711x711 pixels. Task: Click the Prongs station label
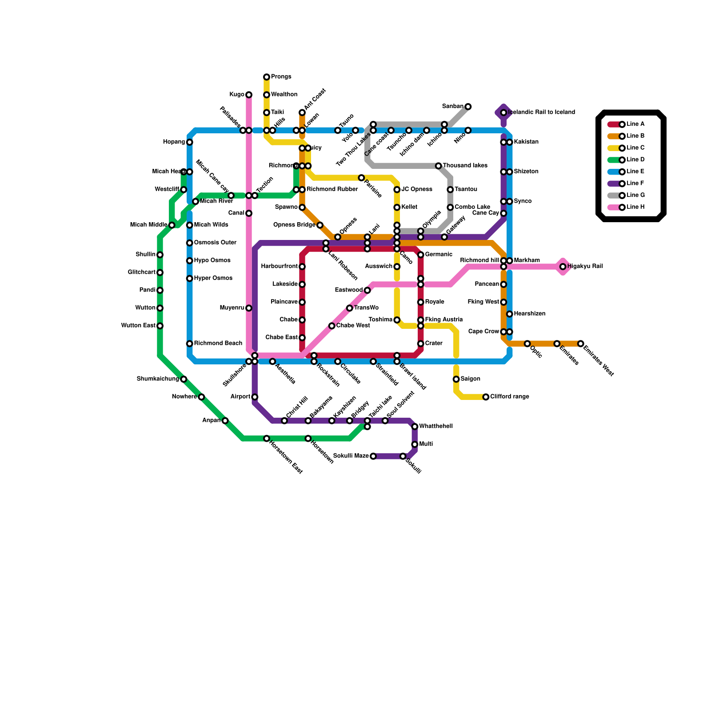(x=281, y=77)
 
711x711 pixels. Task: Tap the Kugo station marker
(x=249, y=95)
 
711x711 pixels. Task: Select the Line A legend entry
(x=635, y=124)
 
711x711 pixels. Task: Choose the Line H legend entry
(x=635, y=207)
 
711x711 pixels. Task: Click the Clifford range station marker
(x=486, y=397)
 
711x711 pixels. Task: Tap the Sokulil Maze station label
(x=351, y=456)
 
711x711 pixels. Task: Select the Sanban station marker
(x=468, y=107)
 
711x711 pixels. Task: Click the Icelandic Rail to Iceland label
(x=541, y=112)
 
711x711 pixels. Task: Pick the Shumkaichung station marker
(x=184, y=379)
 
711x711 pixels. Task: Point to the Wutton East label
(x=138, y=326)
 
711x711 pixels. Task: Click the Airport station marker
(x=255, y=397)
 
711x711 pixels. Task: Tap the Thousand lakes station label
(x=465, y=166)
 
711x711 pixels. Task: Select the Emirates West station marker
(x=580, y=344)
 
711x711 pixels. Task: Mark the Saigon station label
(x=470, y=379)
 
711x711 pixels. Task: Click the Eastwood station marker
(x=367, y=290)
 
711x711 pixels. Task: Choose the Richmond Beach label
(x=218, y=344)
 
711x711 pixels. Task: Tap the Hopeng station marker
(x=190, y=142)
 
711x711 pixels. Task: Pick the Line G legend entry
(x=635, y=196)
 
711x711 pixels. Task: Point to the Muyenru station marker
(x=249, y=308)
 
